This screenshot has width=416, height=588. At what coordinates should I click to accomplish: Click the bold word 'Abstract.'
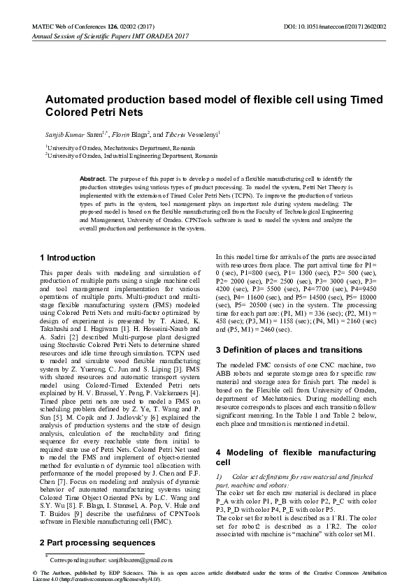[93, 179]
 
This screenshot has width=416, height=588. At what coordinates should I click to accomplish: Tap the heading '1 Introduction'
[67, 258]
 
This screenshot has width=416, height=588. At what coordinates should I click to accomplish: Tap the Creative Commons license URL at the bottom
[108, 580]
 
